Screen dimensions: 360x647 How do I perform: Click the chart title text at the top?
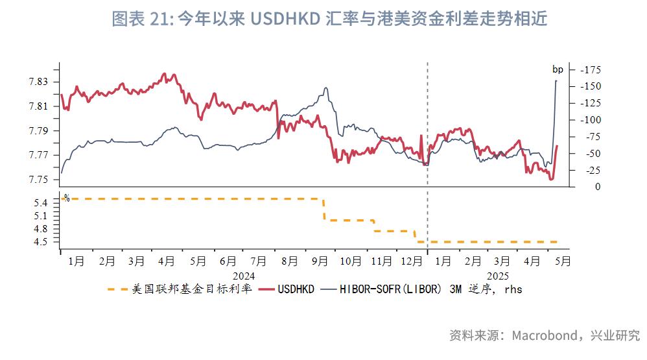point(329,19)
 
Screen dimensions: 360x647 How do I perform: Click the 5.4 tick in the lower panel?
point(40,203)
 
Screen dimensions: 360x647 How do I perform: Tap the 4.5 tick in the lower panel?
point(40,242)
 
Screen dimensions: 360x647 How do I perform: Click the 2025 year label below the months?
point(498,276)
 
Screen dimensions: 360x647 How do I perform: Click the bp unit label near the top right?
point(558,69)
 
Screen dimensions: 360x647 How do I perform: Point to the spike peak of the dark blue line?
point(556,80)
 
